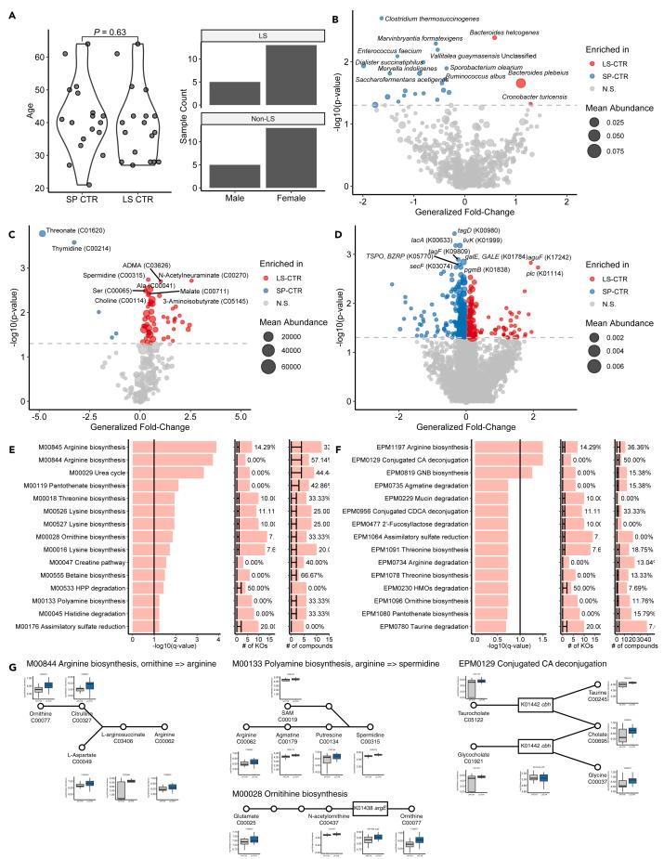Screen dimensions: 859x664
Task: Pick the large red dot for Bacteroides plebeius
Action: click(x=520, y=83)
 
